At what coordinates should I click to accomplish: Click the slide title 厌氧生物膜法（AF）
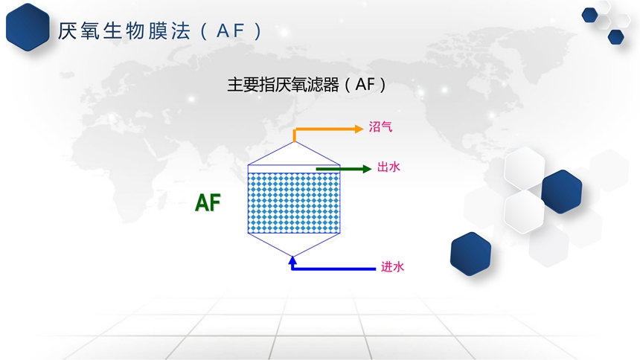160,31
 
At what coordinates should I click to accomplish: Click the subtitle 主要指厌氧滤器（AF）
306,85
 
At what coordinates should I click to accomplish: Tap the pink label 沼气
380,127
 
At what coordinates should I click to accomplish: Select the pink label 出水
388,167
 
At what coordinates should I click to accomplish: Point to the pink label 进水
392,267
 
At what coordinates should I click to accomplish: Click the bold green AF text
208,202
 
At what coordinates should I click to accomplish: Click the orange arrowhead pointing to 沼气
359,129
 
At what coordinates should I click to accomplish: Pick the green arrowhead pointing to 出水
367,169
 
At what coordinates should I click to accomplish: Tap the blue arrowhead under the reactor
292,260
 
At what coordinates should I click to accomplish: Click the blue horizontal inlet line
334,269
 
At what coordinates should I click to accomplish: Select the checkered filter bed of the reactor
294,203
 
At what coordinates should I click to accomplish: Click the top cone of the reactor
294,153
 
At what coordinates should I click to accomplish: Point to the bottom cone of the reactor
294,245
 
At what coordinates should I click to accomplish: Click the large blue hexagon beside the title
28,27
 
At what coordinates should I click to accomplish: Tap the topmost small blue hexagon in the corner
590,15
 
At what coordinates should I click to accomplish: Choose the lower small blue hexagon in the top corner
616,36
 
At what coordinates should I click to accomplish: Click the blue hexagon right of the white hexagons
562,192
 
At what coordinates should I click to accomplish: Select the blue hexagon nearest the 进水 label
470,254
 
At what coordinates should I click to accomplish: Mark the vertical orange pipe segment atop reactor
294,135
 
